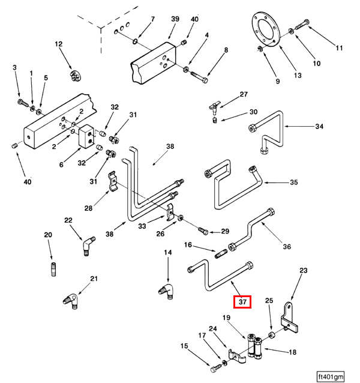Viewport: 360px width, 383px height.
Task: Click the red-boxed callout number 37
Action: coord(243,302)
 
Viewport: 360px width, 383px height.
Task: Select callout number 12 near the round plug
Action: coord(59,44)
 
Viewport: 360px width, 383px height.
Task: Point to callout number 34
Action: coord(319,127)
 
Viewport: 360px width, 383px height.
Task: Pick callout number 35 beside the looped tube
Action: coord(293,182)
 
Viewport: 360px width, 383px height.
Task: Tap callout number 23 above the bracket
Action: coord(303,271)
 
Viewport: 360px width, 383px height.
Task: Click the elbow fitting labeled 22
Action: coord(88,246)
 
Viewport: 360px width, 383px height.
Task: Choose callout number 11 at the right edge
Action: coord(339,48)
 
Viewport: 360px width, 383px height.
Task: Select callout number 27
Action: coord(244,95)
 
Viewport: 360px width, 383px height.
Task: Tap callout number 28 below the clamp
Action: coord(88,208)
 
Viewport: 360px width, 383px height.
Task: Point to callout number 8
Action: coord(226,50)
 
